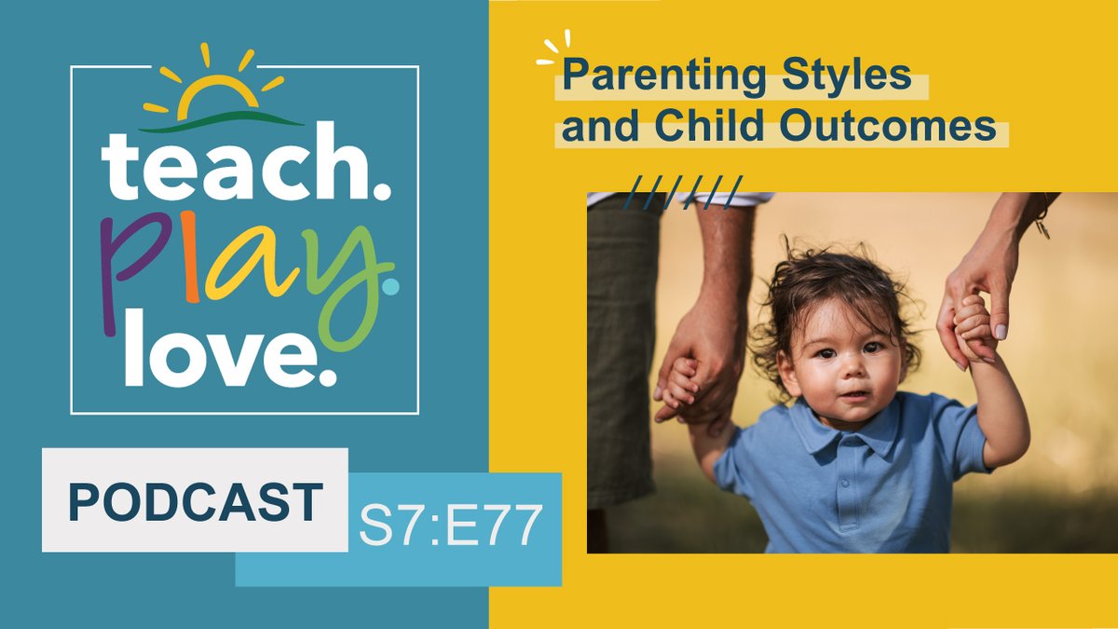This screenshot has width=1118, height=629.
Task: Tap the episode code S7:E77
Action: click(x=450, y=526)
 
